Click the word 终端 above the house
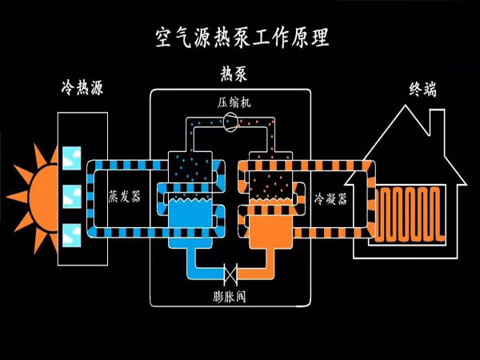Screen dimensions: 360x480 [422, 89]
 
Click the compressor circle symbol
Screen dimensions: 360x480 [232, 122]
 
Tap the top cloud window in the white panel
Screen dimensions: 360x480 [71, 157]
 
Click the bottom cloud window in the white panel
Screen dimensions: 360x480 [71, 234]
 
